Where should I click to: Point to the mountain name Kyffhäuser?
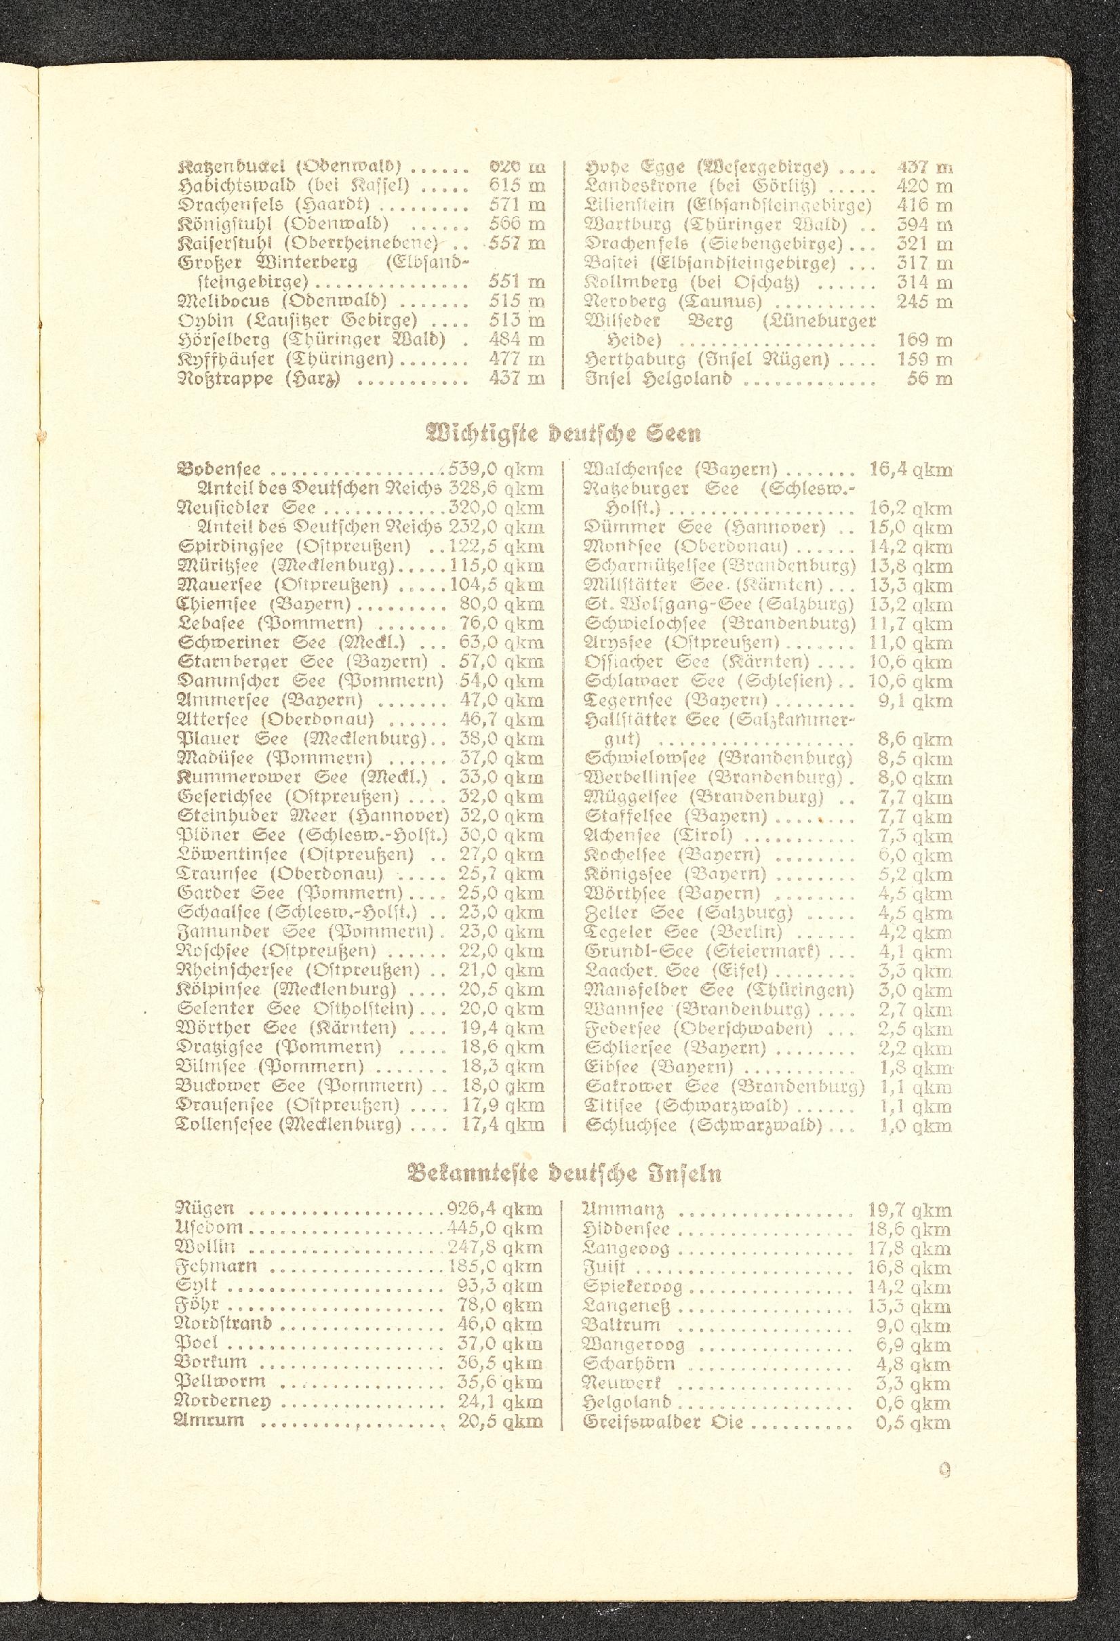(x=226, y=359)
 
